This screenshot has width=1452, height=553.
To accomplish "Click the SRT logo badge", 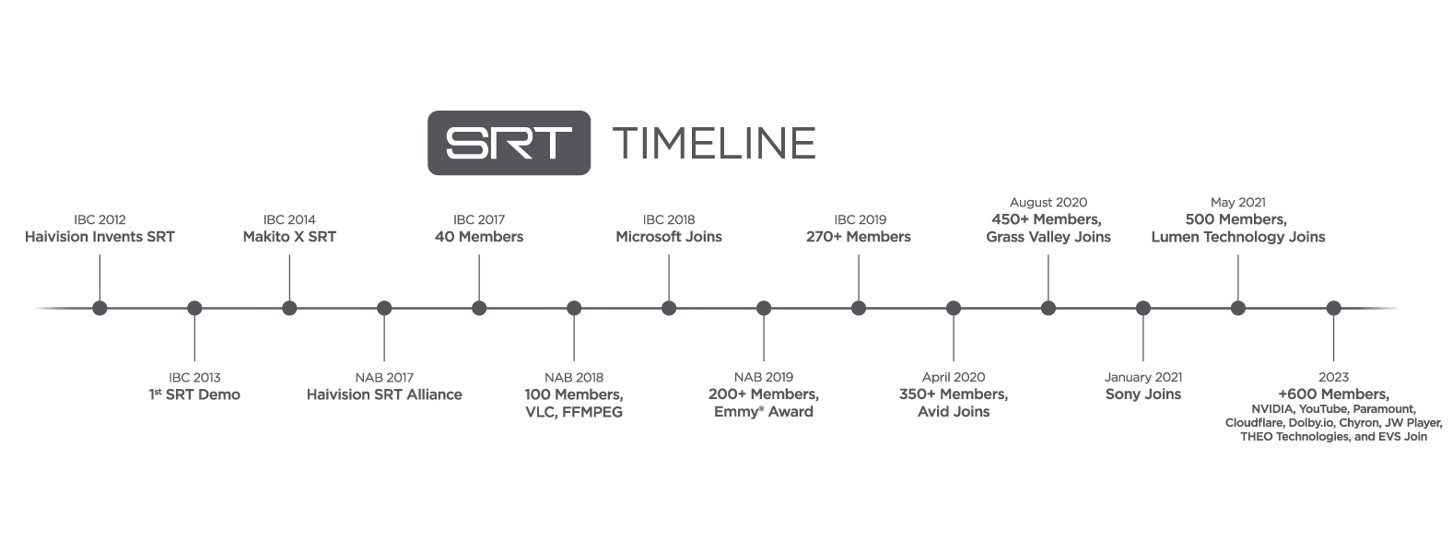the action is [509, 143].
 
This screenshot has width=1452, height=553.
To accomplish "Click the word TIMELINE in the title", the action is [714, 143].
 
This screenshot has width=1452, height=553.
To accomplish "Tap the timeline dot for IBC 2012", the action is [100, 308].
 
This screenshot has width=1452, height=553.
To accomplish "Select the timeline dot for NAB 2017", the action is [384, 308].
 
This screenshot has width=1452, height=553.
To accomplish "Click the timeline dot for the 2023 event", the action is [1333, 308].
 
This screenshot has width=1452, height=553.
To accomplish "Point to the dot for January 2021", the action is [1143, 308].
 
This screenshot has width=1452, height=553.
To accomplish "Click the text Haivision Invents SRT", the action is [100, 237].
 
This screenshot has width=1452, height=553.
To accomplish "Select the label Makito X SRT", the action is [289, 237].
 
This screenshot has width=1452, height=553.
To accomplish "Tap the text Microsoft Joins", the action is [669, 237].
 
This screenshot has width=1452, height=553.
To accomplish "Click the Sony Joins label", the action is [1143, 394].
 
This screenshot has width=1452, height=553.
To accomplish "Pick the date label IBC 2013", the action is [194, 377].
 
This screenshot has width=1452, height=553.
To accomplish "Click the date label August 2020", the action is [1048, 202].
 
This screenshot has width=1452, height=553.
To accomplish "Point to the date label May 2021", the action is [1238, 202].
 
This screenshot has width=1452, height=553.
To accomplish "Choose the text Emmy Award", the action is [764, 412].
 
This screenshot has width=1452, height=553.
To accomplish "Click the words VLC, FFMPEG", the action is [574, 412].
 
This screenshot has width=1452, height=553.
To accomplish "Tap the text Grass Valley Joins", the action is [1048, 237].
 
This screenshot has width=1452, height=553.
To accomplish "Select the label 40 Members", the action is [479, 237].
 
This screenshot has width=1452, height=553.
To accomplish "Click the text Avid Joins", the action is [954, 412].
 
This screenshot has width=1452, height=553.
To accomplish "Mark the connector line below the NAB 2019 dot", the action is [764, 338].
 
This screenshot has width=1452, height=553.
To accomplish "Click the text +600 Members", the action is [1333, 394].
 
